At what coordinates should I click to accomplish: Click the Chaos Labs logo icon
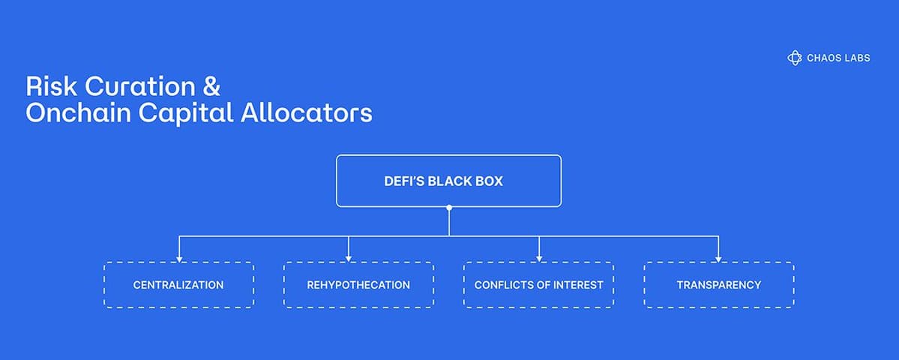coord(794,57)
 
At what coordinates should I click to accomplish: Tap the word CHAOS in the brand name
coord(820,58)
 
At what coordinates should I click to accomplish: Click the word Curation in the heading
coord(140,86)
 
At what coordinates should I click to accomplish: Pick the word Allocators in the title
coord(306,113)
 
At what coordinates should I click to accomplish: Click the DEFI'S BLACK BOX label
coord(443,181)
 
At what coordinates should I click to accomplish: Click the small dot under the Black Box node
coord(449,208)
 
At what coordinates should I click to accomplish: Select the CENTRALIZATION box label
coord(178,285)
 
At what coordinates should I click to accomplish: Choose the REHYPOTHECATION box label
coord(358,285)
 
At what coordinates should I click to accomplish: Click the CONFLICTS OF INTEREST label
coord(538,285)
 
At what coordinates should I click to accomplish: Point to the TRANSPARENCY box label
coord(719,285)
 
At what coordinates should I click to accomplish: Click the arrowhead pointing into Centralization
coord(179,259)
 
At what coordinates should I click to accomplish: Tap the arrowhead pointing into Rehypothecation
coord(349,259)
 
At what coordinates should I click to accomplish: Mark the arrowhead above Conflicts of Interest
coord(539,259)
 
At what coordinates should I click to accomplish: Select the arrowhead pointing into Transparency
coord(718,259)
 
